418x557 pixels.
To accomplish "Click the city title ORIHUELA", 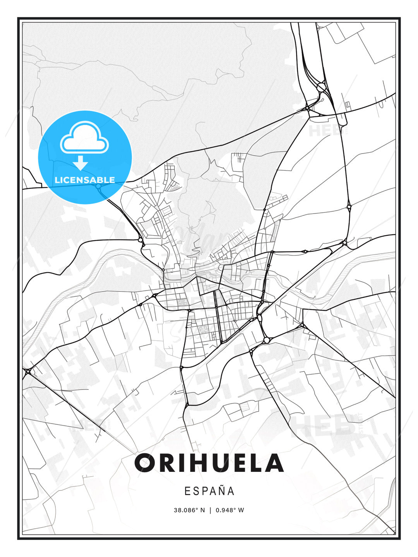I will [x=209, y=463].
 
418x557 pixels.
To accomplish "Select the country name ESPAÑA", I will [x=209, y=491].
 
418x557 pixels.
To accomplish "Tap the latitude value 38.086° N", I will [x=189, y=510].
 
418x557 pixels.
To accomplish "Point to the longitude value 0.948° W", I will [x=230, y=510].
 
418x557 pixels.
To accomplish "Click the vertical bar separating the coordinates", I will [x=210, y=510].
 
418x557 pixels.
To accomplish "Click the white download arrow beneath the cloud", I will [x=81, y=163].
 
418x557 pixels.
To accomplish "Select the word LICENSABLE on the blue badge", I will [x=85, y=180].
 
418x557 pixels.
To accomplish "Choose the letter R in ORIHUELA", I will [x=166, y=463].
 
